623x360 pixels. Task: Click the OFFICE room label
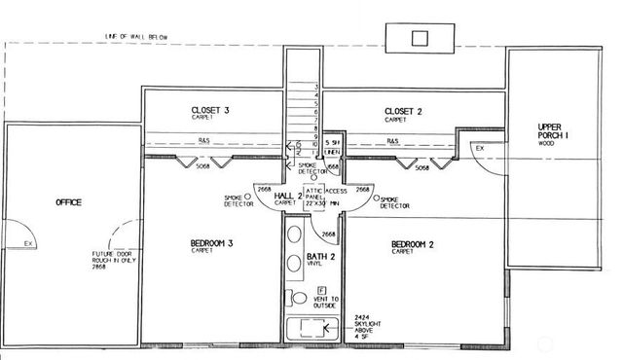tap(68, 202)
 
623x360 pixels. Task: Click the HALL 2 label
tap(286, 196)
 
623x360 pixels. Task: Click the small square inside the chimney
tap(420, 38)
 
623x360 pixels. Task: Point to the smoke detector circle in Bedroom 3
tap(247, 196)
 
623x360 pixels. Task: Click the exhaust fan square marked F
tap(321, 290)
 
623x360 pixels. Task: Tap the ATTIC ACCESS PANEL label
tap(321, 197)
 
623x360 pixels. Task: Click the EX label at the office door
tap(29, 243)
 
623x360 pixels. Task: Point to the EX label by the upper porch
tap(479, 148)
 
